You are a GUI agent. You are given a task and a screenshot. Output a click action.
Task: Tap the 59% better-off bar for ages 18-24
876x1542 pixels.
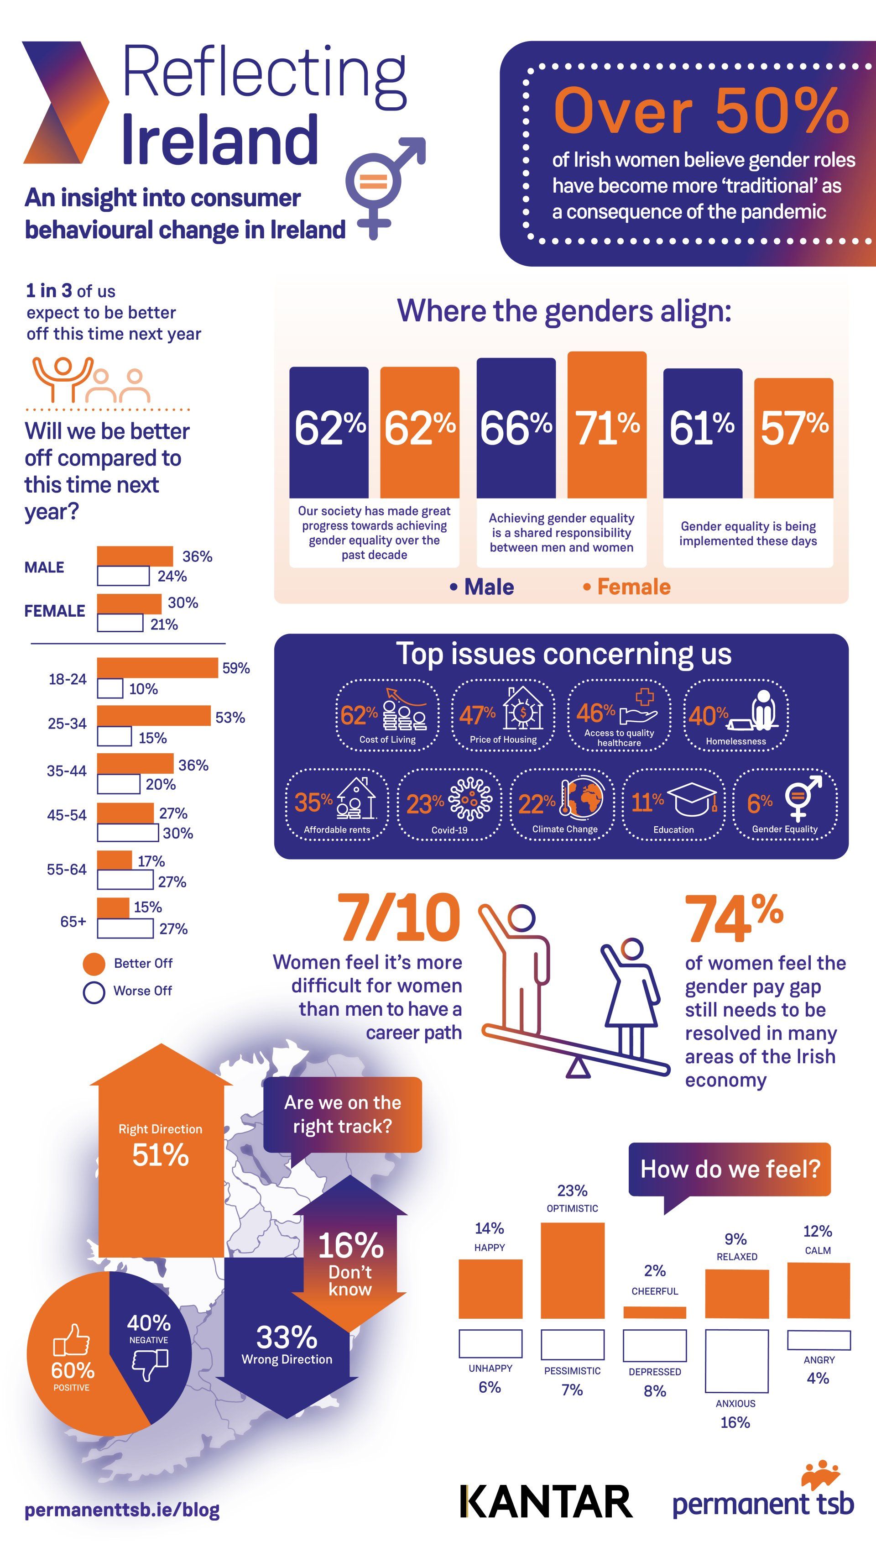pyautogui.click(x=157, y=667)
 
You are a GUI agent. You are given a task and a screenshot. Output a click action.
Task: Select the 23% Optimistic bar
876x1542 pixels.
pyautogui.click(x=572, y=1270)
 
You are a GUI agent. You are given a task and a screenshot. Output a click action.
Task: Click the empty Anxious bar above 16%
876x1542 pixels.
pyautogui.click(x=736, y=1361)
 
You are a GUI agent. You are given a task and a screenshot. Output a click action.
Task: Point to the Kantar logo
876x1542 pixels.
pyautogui.click(x=546, y=1502)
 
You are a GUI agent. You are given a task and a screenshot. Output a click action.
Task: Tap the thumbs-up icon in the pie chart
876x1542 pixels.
pyautogui.click(x=71, y=1340)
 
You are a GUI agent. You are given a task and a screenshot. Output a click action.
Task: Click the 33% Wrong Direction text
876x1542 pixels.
pyautogui.click(x=287, y=1344)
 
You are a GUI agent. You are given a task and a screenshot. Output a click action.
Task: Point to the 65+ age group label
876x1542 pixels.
pyautogui.click(x=73, y=922)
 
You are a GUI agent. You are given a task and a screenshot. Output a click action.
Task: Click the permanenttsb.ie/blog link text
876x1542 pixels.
pyautogui.click(x=122, y=1510)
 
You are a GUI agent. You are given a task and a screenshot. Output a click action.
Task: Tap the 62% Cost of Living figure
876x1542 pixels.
pyautogui.click(x=359, y=714)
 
